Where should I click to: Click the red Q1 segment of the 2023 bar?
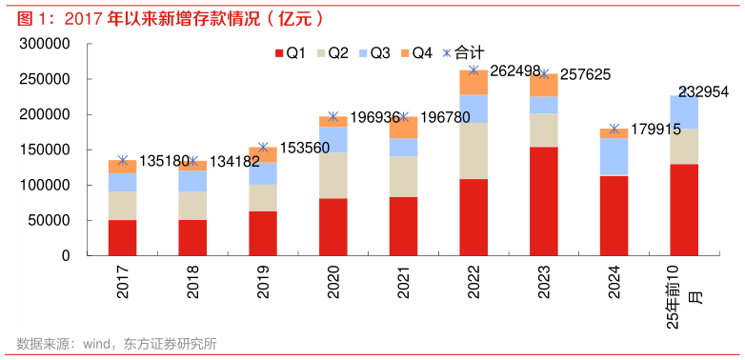click(x=544, y=200)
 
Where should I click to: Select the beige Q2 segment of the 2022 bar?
click(x=473, y=150)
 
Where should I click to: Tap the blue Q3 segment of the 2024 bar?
click(x=614, y=157)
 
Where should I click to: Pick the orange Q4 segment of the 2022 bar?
click(x=473, y=82)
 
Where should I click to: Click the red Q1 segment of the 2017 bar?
click(x=122, y=237)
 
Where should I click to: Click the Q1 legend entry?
click(x=290, y=53)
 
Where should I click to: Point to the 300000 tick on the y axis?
click(x=46, y=45)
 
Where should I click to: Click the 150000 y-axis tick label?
click(x=46, y=150)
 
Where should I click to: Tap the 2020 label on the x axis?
click(x=333, y=283)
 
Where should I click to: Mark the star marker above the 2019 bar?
click(x=263, y=148)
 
